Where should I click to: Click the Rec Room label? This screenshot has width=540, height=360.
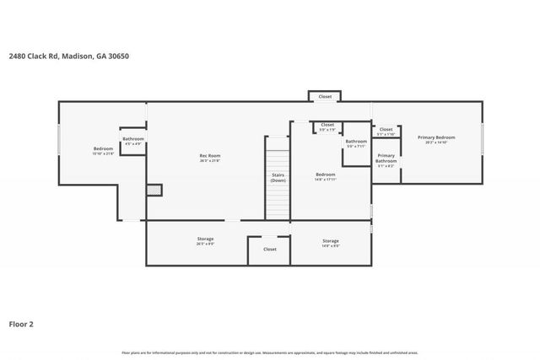(x=209, y=155)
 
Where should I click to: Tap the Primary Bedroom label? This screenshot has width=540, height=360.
(x=436, y=137)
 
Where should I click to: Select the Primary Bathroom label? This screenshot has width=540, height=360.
(x=386, y=156)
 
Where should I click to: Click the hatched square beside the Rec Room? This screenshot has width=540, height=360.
(x=153, y=191)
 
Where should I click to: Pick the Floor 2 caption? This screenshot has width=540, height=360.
(x=21, y=324)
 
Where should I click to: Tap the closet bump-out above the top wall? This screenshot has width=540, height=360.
(x=325, y=97)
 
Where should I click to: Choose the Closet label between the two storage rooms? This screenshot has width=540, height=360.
(x=269, y=250)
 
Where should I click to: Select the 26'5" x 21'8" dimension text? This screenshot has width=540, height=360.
(x=209, y=160)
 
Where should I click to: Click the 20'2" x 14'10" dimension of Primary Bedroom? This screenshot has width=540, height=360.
(x=436, y=142)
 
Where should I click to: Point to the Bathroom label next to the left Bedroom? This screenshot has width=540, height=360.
(x=133, y=139)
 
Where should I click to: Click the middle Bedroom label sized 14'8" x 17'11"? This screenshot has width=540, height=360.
(x=326, y=175)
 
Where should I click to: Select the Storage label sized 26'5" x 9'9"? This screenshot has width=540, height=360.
(x=205, y=239)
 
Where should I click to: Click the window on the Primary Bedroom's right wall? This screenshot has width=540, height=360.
(x=483, y=140)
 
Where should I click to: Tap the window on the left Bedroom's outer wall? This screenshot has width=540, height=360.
(x=58, y=141)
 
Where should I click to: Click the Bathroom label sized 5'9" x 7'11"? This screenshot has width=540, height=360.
(x=356, y=142)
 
